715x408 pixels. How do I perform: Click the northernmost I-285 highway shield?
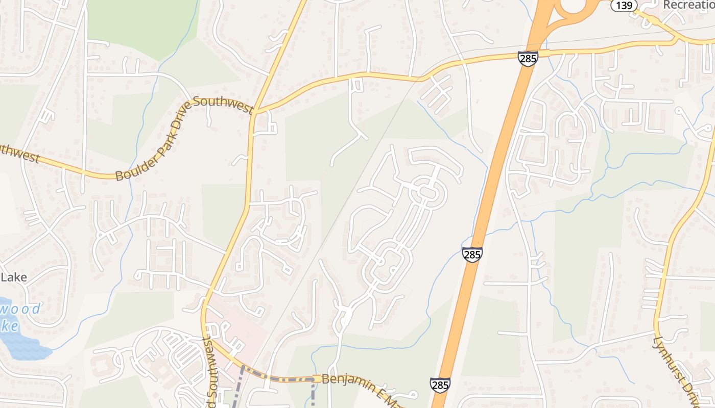click(528, 58)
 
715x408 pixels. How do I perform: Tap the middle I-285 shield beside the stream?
click(472, 254)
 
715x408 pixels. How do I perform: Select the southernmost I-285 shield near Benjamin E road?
click(440, 385)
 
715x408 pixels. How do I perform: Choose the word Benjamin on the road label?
click(344, 380)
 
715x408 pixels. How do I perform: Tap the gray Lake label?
click(14, 277)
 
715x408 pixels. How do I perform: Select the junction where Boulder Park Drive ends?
click(254, 111)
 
